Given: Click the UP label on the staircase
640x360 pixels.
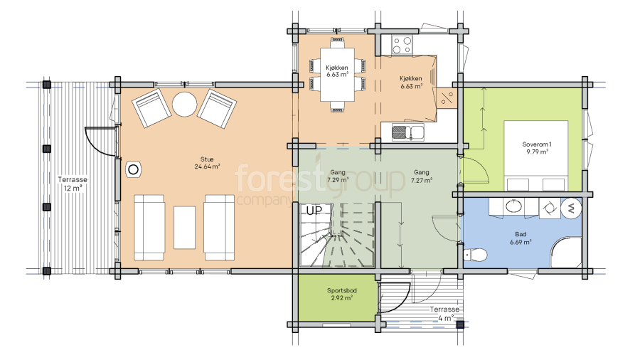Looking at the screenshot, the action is pos(314,211).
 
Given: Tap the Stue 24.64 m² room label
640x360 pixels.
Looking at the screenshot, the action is pos(207,163).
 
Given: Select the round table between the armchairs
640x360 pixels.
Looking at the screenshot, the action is pos(184,104).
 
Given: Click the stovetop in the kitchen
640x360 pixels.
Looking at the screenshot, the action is pos(402,45).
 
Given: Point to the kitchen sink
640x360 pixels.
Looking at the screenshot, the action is pos(407,132).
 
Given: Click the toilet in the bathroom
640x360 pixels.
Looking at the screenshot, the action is pos(476,255).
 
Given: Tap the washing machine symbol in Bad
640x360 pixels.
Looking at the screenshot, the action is pos(570,208).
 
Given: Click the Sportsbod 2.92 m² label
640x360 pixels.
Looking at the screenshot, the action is pos(341,295).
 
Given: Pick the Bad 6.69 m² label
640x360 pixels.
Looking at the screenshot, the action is pos(521,238).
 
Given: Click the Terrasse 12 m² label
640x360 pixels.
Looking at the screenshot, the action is pos(73,184).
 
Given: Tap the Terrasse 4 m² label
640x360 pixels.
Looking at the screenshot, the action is pos(444,314).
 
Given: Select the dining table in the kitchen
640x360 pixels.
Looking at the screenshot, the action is pos(337,75).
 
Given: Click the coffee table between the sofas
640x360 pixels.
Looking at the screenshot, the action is pos(184,228).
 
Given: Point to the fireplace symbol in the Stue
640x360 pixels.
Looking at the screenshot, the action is pos(133,169).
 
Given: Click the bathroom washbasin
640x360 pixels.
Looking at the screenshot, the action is pos(513,206).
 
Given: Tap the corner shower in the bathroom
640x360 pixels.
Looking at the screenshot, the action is pos(566,253).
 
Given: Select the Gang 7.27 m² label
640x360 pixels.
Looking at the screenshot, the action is pos(421,176).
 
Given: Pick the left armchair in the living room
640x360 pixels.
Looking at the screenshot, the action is pos(151,108).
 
